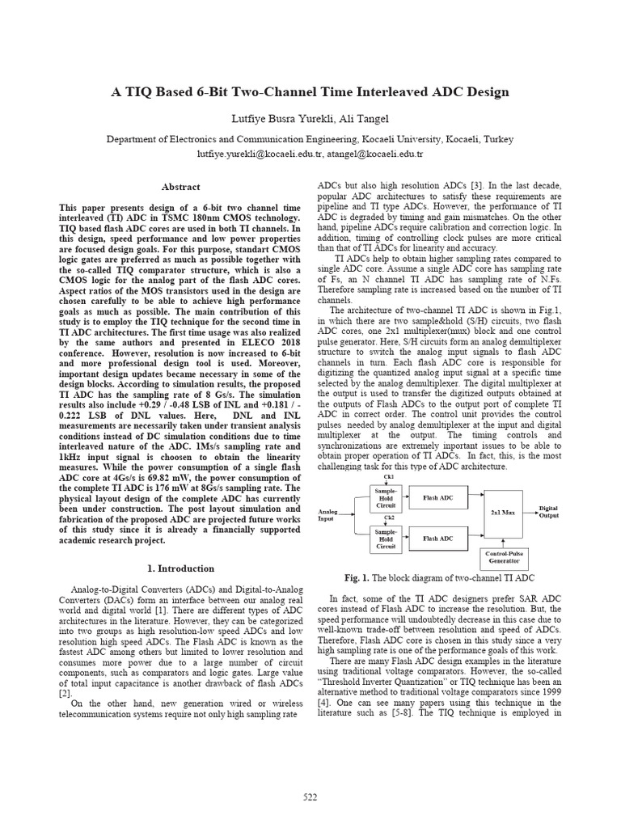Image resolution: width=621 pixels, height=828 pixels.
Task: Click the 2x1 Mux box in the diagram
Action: (505, 513)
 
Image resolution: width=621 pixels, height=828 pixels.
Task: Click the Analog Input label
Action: (328, 515)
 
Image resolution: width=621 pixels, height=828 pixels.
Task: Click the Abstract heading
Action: (181, 186)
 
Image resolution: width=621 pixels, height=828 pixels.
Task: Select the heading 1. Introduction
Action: (181, 568)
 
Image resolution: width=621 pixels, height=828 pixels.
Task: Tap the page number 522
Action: (310, 796)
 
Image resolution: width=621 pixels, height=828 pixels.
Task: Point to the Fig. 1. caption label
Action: (357, 578)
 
